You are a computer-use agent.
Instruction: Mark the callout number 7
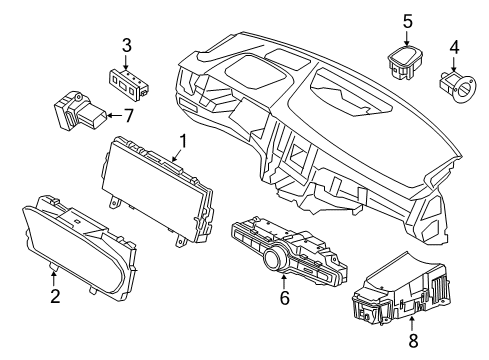coord(126,116)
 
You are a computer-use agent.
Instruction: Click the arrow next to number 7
coord(112,116)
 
